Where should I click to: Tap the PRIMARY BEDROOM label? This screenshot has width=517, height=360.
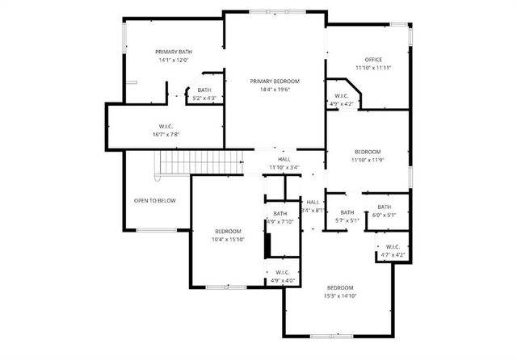pos(275,81)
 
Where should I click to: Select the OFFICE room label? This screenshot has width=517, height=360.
pos(373,60)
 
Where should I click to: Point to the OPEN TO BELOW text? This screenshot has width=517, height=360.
pos(155,200)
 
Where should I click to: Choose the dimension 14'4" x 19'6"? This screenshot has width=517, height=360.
pos(275,89)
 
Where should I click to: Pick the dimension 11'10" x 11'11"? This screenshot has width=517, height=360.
pos(373,68)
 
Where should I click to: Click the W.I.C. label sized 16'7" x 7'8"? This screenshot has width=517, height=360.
pos(166,125)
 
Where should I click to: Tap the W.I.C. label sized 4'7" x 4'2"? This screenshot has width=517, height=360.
pos(393,247)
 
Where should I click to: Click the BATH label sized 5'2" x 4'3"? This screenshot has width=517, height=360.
pos(204,90)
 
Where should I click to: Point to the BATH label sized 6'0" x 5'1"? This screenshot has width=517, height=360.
pos(384,207)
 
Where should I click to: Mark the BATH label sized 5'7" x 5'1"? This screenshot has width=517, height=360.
pos(347,212)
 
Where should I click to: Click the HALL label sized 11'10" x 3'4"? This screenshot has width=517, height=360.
pos(284,159)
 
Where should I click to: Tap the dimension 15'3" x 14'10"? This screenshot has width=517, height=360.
pos(340,288)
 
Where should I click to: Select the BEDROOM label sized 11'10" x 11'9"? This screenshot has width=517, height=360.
pos(367,152)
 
